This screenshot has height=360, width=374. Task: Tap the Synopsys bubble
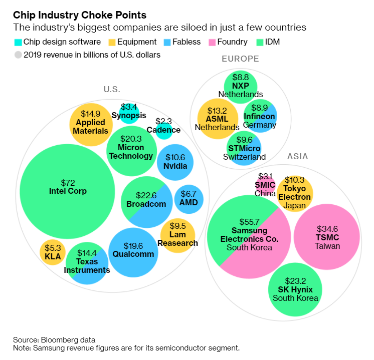(129, 113)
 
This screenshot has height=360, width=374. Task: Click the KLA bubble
(53, 252)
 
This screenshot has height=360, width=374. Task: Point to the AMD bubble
(189, 199)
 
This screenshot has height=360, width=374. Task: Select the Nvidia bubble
(175, 161)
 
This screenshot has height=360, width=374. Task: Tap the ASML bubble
(217, 118)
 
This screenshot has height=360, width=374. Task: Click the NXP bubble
(241, 84)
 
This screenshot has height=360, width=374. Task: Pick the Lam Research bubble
(177, 236)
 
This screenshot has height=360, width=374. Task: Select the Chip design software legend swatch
(19, 43)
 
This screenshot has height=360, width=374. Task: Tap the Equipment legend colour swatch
(113, 43)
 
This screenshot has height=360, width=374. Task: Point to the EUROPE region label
(240, 59)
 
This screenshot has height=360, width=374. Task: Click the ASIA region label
(297, 157)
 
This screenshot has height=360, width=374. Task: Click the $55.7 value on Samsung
(249, 222)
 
